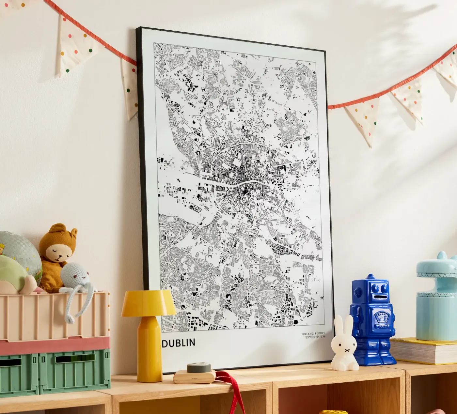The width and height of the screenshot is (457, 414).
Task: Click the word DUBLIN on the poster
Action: [x=179, y=342]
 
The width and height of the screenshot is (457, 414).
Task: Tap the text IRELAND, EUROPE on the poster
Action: [x=313, y=333]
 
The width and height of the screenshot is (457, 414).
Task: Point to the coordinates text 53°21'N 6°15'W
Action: [x=315, y=337]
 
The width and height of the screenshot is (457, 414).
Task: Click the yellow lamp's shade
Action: [x=149, y=304]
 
